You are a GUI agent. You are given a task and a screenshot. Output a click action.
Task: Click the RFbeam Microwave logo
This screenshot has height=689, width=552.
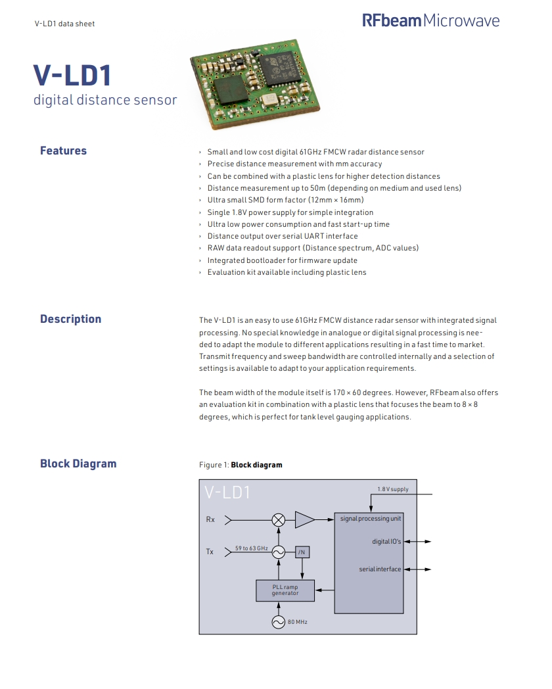430,20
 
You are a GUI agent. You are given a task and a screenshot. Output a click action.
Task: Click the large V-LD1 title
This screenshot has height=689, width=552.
72,76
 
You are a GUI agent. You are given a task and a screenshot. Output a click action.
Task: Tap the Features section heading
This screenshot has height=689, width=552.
63,151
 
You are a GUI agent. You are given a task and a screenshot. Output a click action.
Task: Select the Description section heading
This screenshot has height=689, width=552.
70,319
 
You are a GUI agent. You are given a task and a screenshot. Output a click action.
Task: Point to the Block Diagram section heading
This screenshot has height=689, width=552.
78,463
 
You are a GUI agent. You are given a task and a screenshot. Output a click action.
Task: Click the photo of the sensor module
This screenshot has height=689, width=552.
250,83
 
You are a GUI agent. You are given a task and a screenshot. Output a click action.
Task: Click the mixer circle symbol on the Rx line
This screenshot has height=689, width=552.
279,519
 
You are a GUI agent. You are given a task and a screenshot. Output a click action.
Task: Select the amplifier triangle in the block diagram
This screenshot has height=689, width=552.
304,519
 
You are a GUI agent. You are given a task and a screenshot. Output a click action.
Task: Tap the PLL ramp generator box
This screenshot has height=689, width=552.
285,590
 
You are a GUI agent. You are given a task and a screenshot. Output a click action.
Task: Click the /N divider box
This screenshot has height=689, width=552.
302,552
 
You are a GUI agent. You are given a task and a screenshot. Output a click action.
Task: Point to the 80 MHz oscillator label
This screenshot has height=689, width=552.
298,621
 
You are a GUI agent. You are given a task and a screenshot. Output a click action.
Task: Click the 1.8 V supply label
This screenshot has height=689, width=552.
392,489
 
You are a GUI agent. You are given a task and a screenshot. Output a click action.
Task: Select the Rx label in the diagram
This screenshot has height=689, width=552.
210,519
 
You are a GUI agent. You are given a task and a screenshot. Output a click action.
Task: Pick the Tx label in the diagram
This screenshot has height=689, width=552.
210,552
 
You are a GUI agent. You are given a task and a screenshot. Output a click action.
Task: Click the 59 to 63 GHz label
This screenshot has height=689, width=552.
251,548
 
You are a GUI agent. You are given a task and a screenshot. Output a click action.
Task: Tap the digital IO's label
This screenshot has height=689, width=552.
386,541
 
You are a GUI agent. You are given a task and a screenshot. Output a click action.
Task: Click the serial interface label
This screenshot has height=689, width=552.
380,569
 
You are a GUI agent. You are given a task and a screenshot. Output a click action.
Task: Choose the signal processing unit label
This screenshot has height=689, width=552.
370,518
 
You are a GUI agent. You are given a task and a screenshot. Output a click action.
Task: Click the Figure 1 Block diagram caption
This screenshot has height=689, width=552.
241,465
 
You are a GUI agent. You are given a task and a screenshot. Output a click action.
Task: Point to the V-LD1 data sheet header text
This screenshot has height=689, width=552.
64,24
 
